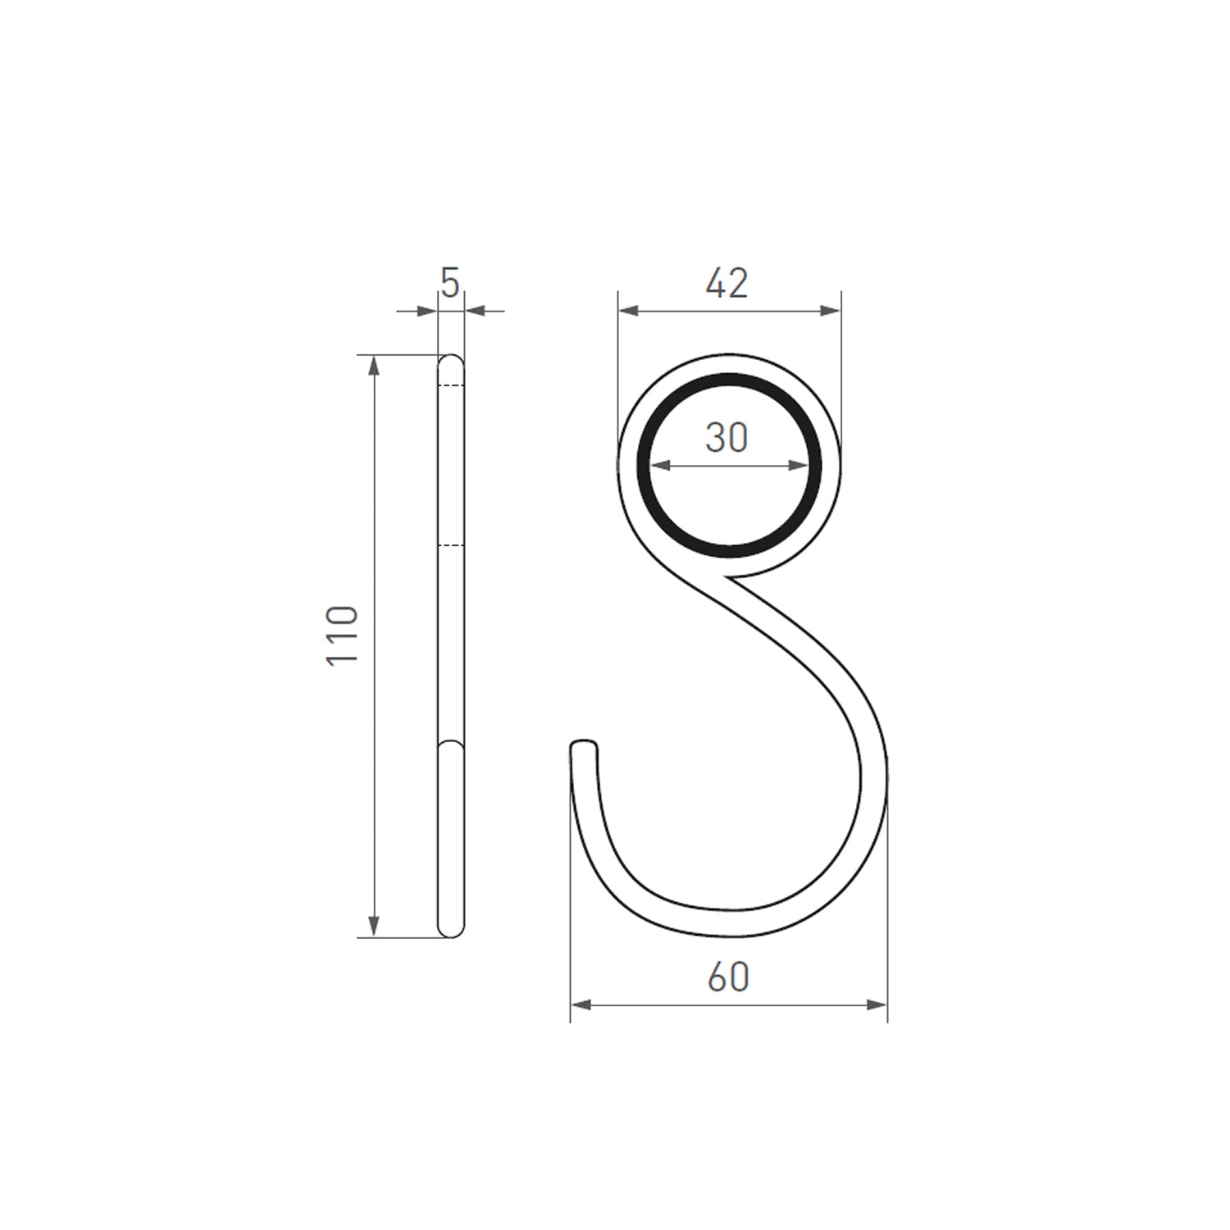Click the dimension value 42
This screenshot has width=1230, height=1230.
(727, 283)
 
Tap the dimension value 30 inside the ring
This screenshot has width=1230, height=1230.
(727, 438)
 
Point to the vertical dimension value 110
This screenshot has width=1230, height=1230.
(343, 635)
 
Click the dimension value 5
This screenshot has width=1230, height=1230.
(450, 284)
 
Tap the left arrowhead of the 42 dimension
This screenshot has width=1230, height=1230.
(628, 310)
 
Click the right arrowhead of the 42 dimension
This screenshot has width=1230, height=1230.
(831, 310)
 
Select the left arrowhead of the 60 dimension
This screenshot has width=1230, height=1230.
(581, 1004)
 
